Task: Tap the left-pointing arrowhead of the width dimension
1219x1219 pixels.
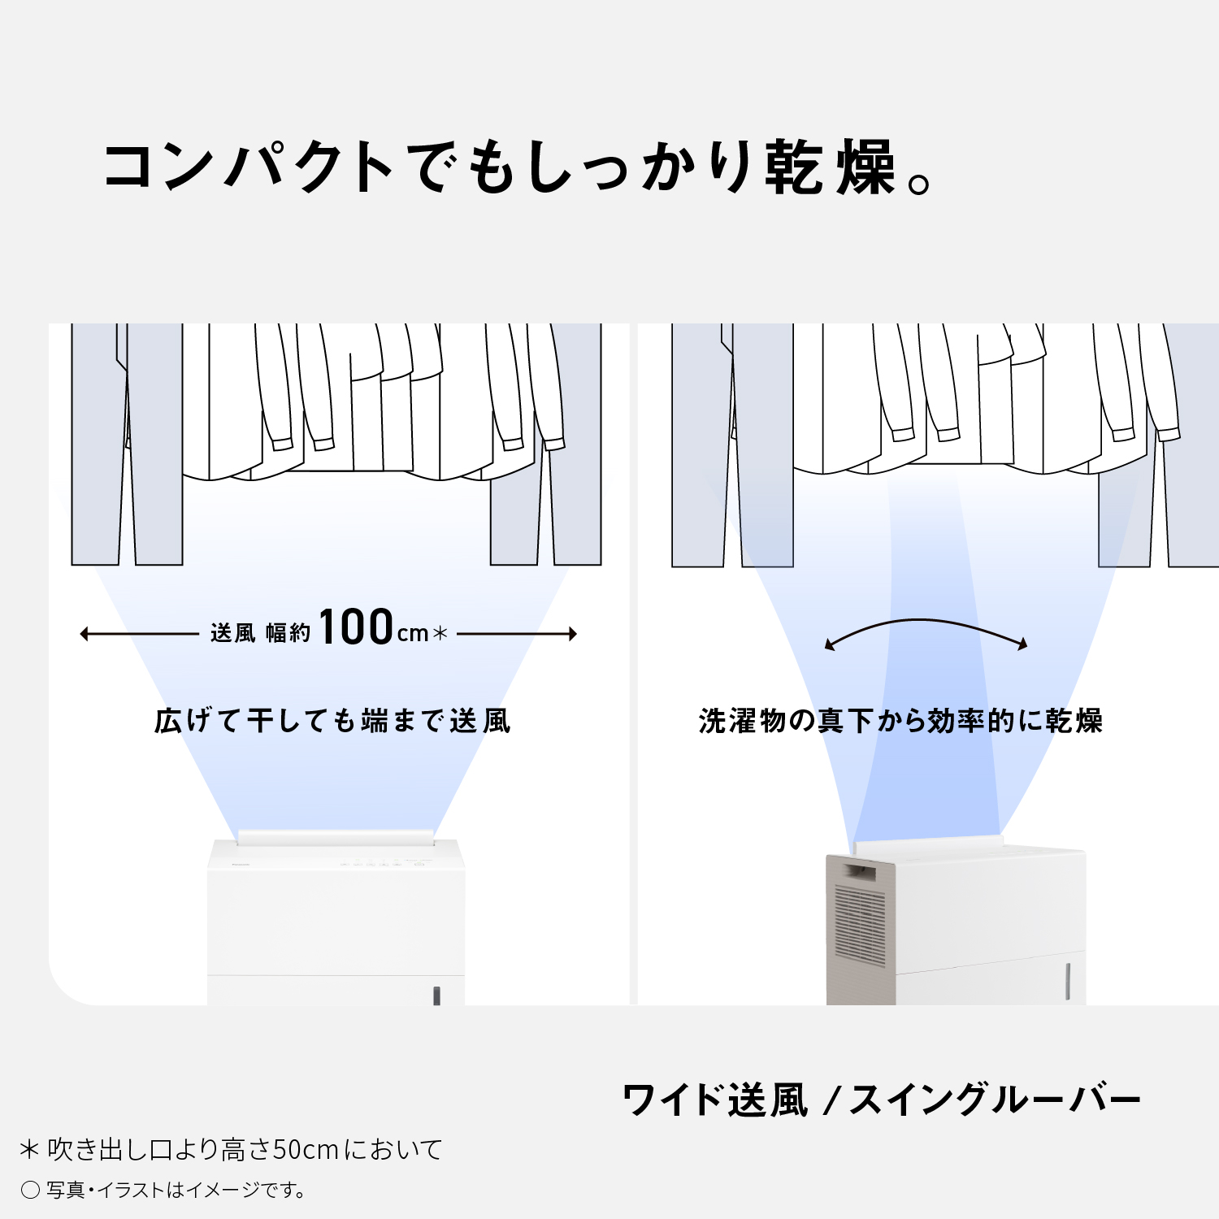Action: [85, 634]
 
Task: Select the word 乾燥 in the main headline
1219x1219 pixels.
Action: [831, 167]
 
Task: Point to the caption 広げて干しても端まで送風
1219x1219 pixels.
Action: [332, 721]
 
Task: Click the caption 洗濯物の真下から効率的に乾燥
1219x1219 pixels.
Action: [900, 721]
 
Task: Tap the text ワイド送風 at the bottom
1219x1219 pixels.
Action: [715, 1100]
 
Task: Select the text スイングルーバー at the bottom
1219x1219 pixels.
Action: [996, 1100]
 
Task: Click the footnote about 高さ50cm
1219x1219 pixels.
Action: [232, 1149]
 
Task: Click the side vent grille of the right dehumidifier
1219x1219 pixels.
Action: [860, 926]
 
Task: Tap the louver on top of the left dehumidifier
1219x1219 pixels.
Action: [336, 837]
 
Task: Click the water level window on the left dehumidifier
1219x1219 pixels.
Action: [436, 996]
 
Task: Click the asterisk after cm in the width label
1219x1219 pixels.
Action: [440, 633]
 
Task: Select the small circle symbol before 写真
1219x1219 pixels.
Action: [30, 1191]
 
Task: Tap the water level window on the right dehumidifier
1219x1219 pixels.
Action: [1067, 981]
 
